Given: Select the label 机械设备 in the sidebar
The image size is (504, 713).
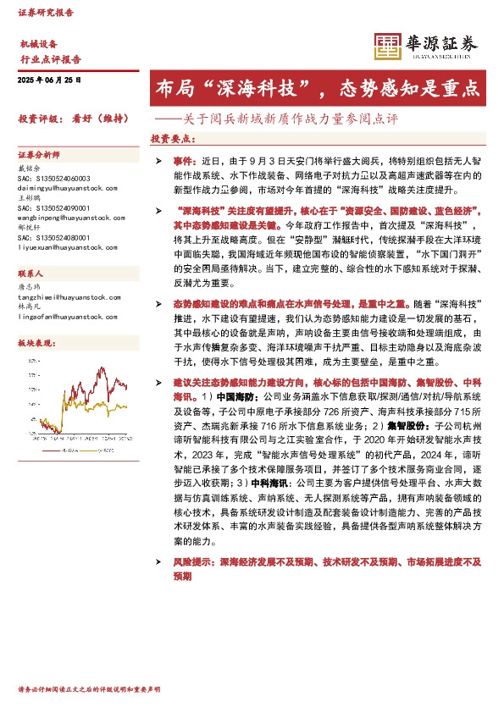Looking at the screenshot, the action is click(x=38, y=43).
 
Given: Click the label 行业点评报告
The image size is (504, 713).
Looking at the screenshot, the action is click(x=50, y=59).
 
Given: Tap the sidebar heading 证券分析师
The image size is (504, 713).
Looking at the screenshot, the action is click(x=39, y=156).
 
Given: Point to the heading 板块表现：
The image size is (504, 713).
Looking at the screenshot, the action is click(x=36, y=341).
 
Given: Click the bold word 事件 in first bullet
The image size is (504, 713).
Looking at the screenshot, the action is click(x=181, y=159).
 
